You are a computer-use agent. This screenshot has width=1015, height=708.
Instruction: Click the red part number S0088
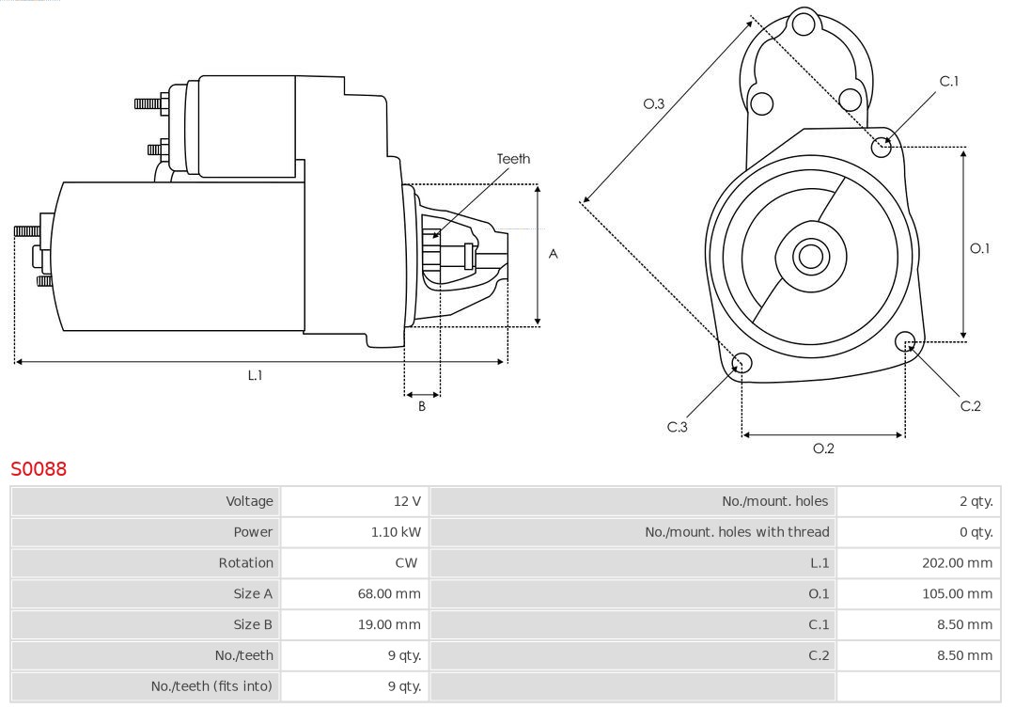39,468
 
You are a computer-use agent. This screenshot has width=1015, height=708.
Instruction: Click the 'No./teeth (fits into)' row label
211,686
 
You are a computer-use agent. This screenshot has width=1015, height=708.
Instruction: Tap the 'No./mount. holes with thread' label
737,532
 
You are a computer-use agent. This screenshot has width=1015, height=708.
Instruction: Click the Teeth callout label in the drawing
513,159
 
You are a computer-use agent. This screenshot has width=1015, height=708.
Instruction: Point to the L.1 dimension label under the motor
255,375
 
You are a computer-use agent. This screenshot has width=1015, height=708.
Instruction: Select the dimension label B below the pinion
422,407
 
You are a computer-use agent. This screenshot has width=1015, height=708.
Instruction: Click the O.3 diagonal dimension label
654,103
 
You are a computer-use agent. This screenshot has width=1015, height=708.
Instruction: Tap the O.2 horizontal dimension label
823,448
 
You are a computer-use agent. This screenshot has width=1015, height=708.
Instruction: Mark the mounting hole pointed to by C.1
882,146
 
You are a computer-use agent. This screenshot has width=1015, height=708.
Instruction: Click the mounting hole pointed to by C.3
742,363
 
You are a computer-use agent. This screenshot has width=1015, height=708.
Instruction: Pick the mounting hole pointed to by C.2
905,340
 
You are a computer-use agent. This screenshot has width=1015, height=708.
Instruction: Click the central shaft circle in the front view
809,256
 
